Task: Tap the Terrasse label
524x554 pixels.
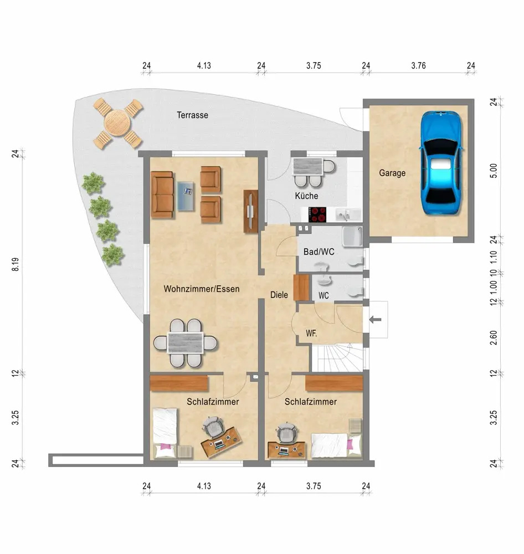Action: [x=192, y=115]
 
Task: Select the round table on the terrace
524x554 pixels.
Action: [x=117, y=122]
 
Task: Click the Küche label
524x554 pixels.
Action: [x=306, y=196]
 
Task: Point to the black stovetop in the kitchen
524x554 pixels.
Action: [x=317, y=214]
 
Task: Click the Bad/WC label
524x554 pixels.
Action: [x=318, y=252]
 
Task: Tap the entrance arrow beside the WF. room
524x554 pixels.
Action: [x=375, y=320]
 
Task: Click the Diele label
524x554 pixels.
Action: [x=279, y=295]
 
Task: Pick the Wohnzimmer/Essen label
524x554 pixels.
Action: [x=202, y=289]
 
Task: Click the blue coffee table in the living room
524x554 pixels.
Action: [x=186, y=196]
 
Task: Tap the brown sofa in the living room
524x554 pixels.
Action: [x=162, y=194]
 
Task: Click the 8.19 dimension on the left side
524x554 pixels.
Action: [x=15, y=264]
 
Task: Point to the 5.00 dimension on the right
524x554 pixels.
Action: [x=494, y=171]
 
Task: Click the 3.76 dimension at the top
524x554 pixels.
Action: [x=418, y=65]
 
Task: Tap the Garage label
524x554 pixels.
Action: [x=392, y=173]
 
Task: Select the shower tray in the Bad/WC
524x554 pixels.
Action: [x=352, y=236]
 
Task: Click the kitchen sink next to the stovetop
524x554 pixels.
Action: [x=348, y=214]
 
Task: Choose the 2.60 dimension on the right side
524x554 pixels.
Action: [x=494, y=338]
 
